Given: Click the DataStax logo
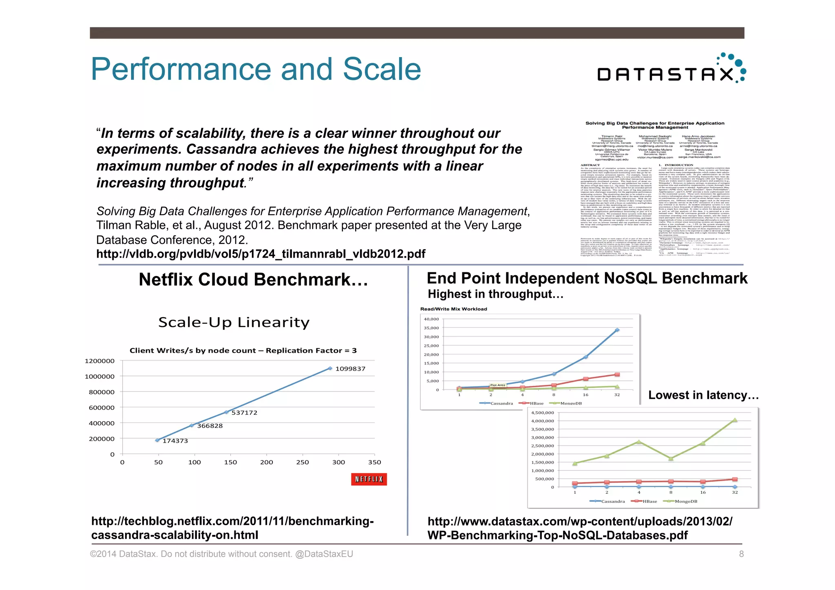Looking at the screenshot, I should (x=671, y=70).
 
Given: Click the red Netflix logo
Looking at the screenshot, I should (x=369, y=479).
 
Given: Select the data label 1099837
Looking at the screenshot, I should (x=350, y=369).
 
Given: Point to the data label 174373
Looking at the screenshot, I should (x=175, y=441).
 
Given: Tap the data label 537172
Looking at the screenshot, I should (x=244, y=413).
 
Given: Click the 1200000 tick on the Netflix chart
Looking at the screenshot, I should (x=99, y=361).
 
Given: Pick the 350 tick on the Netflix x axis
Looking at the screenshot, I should (x=374, y=462).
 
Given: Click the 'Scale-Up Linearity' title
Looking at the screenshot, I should (x=234, y=323).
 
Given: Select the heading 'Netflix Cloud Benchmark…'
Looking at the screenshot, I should (x=253, y=280).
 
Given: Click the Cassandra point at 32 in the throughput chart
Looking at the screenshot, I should (x=617, y=330).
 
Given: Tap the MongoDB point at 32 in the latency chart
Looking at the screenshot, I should (x=735, y=420).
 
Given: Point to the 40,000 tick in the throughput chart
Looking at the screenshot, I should (x=431, y=319).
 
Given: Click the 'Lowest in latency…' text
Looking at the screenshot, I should (x=703, y=395).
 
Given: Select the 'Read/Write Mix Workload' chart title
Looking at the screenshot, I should (x=453, y=309).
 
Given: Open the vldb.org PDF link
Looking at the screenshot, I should (x=261, y=254).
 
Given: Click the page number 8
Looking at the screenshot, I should (x=741, y=554).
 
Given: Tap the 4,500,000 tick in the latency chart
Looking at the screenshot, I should (x=542, y=413).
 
